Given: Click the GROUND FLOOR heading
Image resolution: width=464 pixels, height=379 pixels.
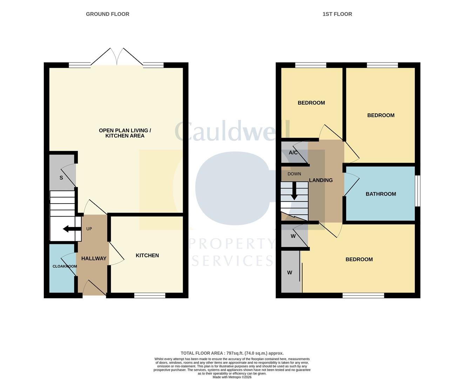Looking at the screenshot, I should pyautogui.click(x=107, y=14).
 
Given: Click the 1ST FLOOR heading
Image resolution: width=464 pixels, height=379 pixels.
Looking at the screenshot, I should pyautogui.click(x=337, y=14).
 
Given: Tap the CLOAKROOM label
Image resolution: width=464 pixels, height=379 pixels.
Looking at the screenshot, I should pyautogui.click(x=65, y=266).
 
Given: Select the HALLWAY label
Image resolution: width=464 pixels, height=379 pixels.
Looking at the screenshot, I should pyautogui.click(x=94, y=258).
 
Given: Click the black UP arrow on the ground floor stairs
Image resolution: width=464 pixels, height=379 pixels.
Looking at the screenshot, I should pyautogui.click(x=70, y=229).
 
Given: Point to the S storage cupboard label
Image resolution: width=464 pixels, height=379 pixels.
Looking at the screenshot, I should pyautogui.click(x=61, y=178).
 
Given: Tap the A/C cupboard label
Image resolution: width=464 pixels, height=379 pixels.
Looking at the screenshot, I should pyautogui.click(x=293, y=153).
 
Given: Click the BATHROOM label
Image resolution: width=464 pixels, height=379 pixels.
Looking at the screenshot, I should pyautogui.click(x=381, y=194).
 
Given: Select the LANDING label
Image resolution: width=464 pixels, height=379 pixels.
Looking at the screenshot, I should pyautogui.click(x=321, y=180).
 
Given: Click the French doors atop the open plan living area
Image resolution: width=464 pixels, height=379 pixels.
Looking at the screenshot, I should pyautogui.click(x=117, y=58).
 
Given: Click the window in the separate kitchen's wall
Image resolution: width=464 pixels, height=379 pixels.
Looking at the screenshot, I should pyautogui.click(x=150, y=295).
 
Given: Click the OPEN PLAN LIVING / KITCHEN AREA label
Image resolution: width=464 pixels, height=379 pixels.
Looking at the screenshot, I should pyautogui.click(x=125, y=133).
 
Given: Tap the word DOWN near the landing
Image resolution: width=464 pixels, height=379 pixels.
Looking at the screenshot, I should pyautogui.click(x=294, y=174).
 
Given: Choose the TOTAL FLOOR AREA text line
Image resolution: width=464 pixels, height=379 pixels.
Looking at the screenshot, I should pyautogui.click(x=232, y=353).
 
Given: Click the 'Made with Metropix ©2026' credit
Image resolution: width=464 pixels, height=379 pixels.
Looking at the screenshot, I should pyautogui.click(x=232, y=377).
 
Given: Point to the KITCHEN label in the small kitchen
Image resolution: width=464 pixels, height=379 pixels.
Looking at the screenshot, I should pyautogui.click(x=147, y=255).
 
